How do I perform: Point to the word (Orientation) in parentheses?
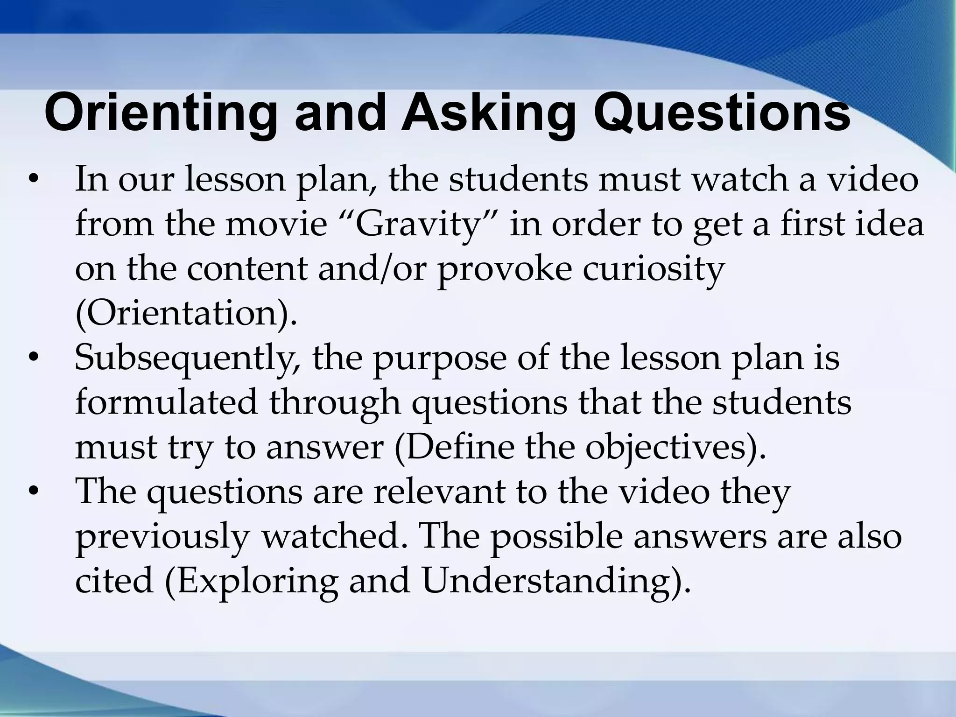(186, 314)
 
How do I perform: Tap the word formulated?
(166, 402)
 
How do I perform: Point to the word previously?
(162, 537)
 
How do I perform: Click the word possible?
(556, 536)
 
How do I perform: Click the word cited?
(114, 581)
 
